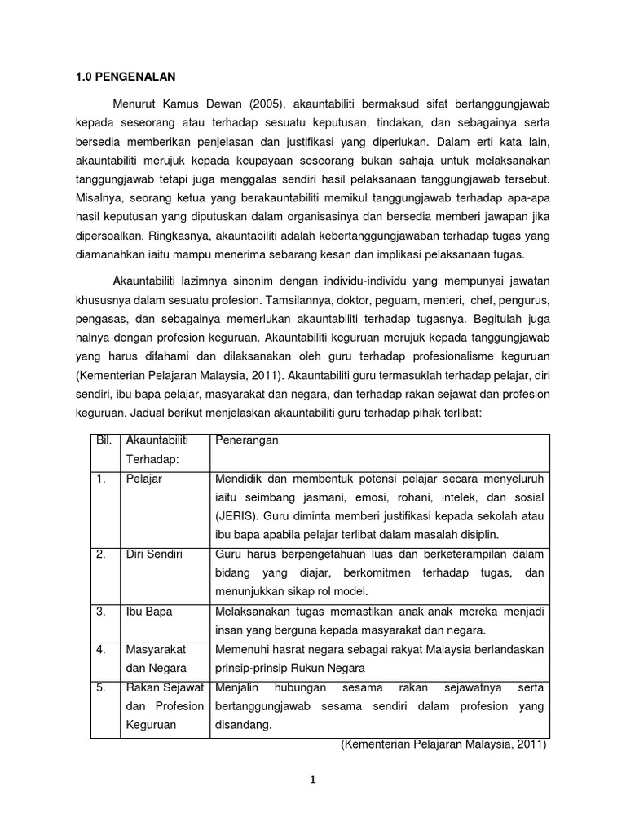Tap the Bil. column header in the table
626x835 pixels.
[103, 440]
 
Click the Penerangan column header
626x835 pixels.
[247, 440]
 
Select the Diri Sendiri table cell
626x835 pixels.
[154, 554]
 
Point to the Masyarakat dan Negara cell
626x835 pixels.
[155, 658]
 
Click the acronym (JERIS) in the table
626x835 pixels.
[238, 516]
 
